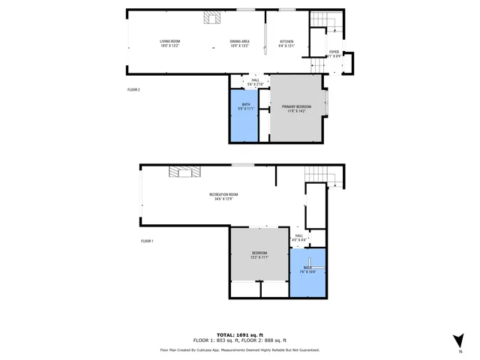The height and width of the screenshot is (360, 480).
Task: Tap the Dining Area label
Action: (x=239, y=43)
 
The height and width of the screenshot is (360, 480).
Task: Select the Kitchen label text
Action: (x=287, y=43)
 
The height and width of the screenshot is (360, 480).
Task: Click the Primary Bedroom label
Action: (x=297, y=109)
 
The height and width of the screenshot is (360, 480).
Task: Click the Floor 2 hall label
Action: (x=256, y=82)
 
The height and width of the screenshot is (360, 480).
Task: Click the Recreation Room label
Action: (x=223, y=197)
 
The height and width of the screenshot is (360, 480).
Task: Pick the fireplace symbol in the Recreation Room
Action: (x=184, y=172)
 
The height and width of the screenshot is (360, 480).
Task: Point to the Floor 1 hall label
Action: (x=298, y=238)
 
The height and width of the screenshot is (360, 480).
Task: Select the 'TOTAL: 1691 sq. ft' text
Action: (x=239, y=334)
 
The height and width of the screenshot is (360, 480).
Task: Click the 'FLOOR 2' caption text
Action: (x=134, y=89)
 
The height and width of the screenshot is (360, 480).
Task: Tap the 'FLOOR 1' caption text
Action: (x=148, y=241)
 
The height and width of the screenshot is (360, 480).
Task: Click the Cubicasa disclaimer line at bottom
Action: (x=239, y=349)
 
